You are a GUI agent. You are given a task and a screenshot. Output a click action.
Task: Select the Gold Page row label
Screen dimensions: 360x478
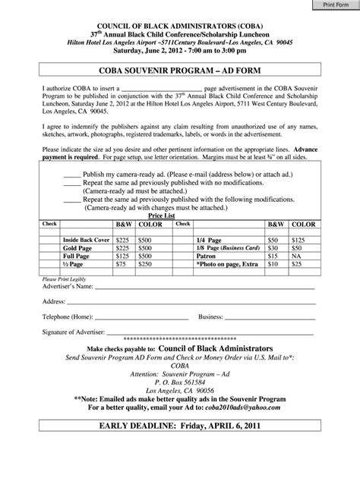pyautogui.click(x=78, y=247)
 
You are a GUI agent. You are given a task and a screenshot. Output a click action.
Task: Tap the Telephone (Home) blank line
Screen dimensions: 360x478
pyautogui.click(x=128, y=317)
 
